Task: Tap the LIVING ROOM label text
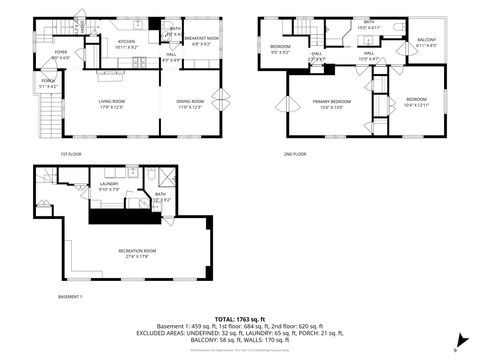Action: pos(116,102)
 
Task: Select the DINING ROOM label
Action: pos(190,102)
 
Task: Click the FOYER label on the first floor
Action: pos(60,54)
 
